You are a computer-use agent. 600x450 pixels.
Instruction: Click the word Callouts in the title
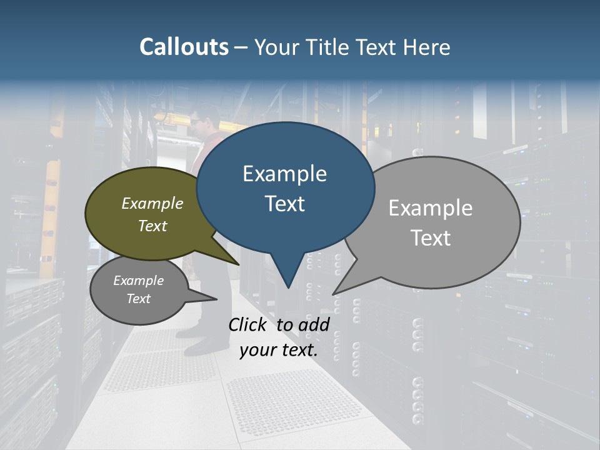[x=184, y=47]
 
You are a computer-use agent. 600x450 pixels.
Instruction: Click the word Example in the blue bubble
[x=284, y=174]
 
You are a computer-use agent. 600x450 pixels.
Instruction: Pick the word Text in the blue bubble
[x=284, y=204]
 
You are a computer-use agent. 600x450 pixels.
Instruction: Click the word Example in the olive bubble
[x=152, y=203]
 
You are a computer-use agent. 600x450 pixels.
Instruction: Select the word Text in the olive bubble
[x=152, y=226]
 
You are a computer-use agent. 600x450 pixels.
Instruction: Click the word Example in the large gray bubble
[x=431, y=208]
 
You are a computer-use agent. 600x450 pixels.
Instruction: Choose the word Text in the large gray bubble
[x=431, y=238]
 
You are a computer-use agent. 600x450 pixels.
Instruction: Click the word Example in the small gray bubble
[x=138, y=281]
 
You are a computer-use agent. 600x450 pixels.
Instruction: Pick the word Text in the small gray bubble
[x=138, y=299]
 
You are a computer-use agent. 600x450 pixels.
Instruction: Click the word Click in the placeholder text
[x=248, y=324]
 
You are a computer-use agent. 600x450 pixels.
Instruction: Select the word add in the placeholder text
[x=313, y=324]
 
